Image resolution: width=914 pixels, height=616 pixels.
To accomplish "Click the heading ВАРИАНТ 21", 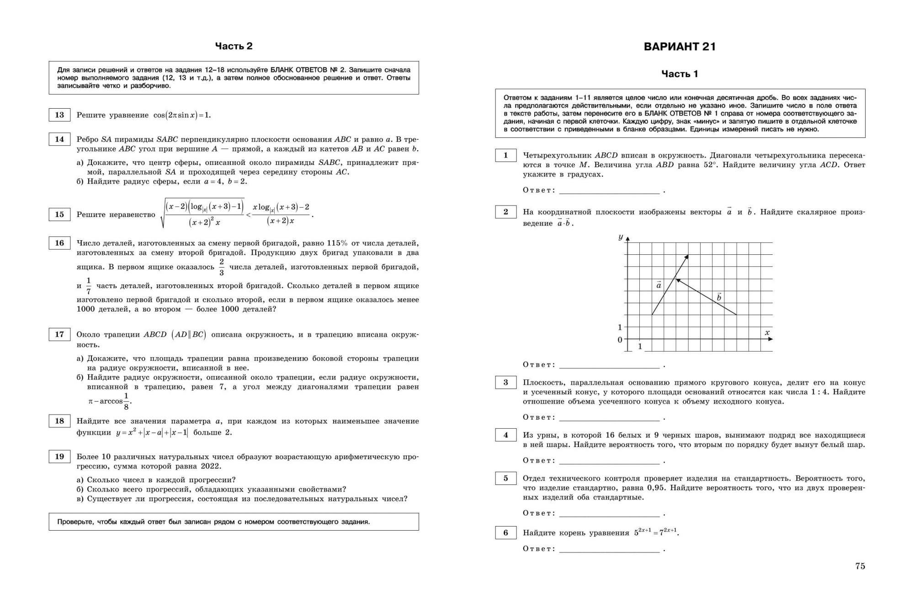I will [x=680, y=47].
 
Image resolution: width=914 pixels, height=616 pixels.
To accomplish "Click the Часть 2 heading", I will [x=234, y=46].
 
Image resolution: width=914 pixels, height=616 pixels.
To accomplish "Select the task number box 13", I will [x=59, y=115].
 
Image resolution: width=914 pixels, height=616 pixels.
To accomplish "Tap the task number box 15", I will [x=59, y=215].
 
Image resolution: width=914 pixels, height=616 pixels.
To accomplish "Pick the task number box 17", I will [x=59, y=335].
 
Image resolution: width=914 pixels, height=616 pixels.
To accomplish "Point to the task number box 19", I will [x=59, y=457].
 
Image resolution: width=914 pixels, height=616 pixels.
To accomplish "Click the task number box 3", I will [x=505, y=383].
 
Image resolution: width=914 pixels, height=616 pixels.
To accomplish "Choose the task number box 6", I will [x=505, y=533].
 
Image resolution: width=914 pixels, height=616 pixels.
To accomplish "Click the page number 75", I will [x=860, y=566].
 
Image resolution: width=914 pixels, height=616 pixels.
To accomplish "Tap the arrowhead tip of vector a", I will [x=688, y=255].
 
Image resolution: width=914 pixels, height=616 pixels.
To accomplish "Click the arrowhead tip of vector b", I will [x=676, y=279].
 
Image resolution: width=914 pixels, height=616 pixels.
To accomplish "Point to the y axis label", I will [x=620, y=237].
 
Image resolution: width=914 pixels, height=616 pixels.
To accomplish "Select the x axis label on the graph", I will [x=767, y=333].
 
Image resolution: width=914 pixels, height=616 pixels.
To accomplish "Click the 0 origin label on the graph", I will [x=620, y=340].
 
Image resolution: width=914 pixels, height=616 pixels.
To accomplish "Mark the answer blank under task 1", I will [x=609, y=190].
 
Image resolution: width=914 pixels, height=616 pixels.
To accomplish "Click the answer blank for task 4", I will [x=609, y=461].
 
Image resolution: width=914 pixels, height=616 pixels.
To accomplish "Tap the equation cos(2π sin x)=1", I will [x=182, y=115].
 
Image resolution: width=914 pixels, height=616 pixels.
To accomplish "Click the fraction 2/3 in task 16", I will [x=222, y=267].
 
